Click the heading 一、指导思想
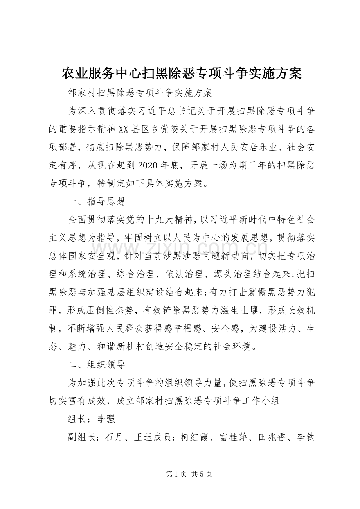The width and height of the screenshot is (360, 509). pyautogui.click(x=96, y=202)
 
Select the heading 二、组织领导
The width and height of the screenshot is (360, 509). pyautogui.click(x=96, y=364)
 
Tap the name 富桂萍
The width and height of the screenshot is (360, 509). pyautogui.click(x=235, y=437)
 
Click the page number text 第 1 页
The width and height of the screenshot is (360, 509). pyautogui.click(x=180, y=474)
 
